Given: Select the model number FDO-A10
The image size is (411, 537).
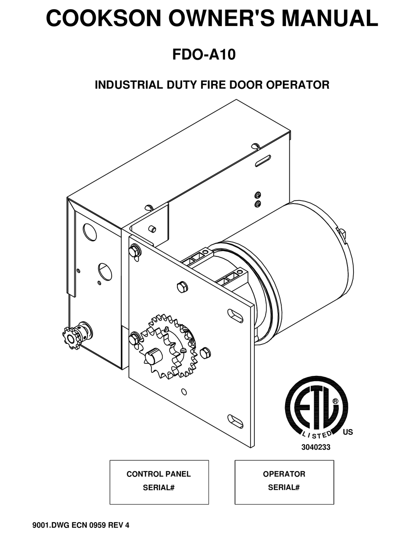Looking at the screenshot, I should [204, 55].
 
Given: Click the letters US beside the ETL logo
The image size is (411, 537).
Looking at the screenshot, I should [347, 432].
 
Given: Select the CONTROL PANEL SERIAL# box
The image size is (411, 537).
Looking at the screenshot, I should [159, 482].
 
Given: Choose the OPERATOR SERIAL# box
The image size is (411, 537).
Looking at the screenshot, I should [284, 482].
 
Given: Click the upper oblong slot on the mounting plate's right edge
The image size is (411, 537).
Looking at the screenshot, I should [235, 315].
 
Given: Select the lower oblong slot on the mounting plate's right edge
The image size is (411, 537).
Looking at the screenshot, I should [235, 421].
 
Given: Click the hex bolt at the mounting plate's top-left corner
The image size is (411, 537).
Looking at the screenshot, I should [134, 251].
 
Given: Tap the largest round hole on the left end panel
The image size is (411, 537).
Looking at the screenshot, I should [90, 232].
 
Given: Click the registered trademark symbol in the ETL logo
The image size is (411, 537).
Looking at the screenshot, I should [335, 401].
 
